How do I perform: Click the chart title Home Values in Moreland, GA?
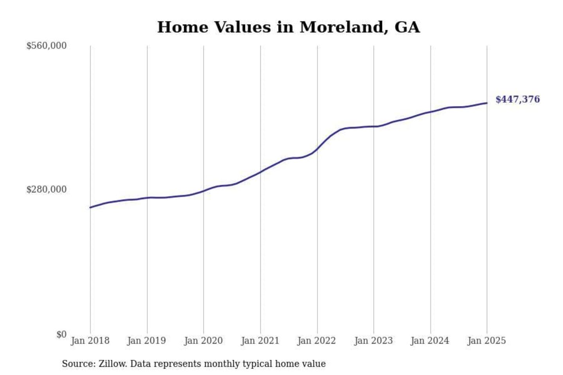[x=289, y=27]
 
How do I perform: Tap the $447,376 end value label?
[x=517, y=99]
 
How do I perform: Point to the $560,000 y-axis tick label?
[x=46, y=46]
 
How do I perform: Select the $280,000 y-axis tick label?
[x=46, y=189]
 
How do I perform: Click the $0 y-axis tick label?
[x=61, y=334]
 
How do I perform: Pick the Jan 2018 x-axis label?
[x=90, y=341]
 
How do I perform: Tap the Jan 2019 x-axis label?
[x=146, y=341]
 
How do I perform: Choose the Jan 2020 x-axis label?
[x=203, y=341]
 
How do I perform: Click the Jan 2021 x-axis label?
[x=260, y=341]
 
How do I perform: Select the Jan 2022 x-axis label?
[x=316, y=341]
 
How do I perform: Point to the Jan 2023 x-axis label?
[x=373, y=341]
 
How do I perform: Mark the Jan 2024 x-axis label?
[x=430, y=341]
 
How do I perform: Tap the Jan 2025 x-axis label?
[x=486, y=341]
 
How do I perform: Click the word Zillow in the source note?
[x=113, y=364]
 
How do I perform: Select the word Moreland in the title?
[x=341, y=27]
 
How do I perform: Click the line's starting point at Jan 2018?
[x=90, y=207]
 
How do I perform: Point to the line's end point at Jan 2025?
[x=487, y=103]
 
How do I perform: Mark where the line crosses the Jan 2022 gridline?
[x=317, y=149]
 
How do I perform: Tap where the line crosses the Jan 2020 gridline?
[x=203, y=191]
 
